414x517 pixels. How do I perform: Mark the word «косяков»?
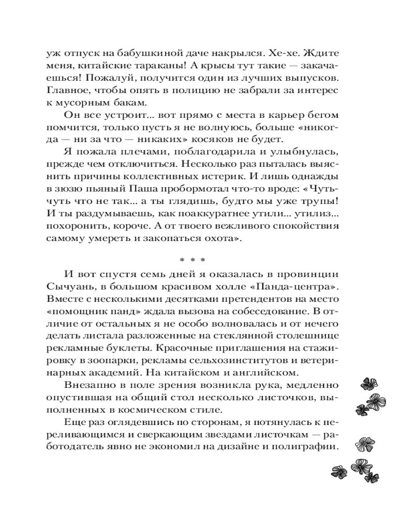pyautogui.click(x=249, y=139)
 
